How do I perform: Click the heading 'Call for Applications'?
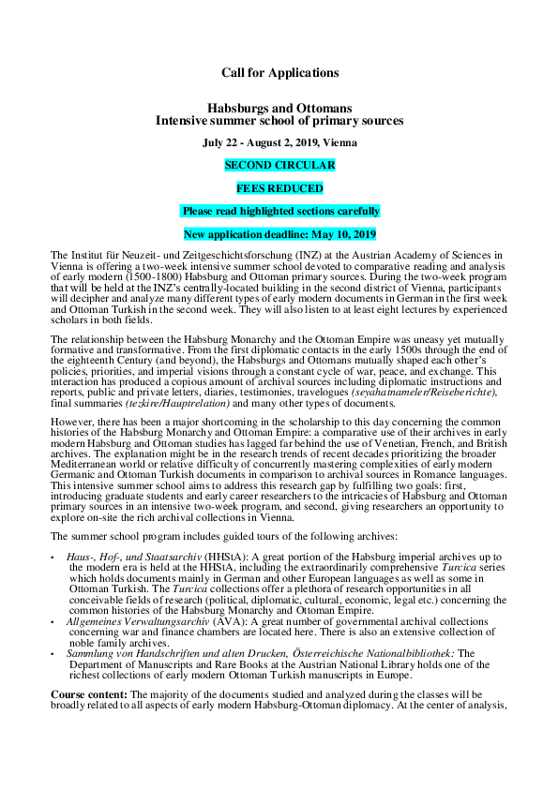tap(280, 73)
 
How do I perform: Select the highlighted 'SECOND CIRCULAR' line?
tap(280, 165)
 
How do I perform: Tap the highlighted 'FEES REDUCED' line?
tap(280, 188)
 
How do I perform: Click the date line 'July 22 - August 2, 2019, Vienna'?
tap(280, 142)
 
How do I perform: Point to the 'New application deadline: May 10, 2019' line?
tap(280, 234)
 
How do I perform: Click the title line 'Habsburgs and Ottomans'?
tap(280, 108)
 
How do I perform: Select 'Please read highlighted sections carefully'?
tap(280, 211)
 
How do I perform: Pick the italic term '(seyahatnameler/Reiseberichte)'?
tap(425, 393)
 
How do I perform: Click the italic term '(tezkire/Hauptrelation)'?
tap(177, 403)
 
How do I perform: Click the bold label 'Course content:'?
tap(89, 695)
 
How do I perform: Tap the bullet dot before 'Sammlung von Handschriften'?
tap(53, 655)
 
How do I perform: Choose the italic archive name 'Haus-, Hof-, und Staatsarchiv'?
tap(133, 557)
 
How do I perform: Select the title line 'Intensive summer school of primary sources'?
tap(279, 121)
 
